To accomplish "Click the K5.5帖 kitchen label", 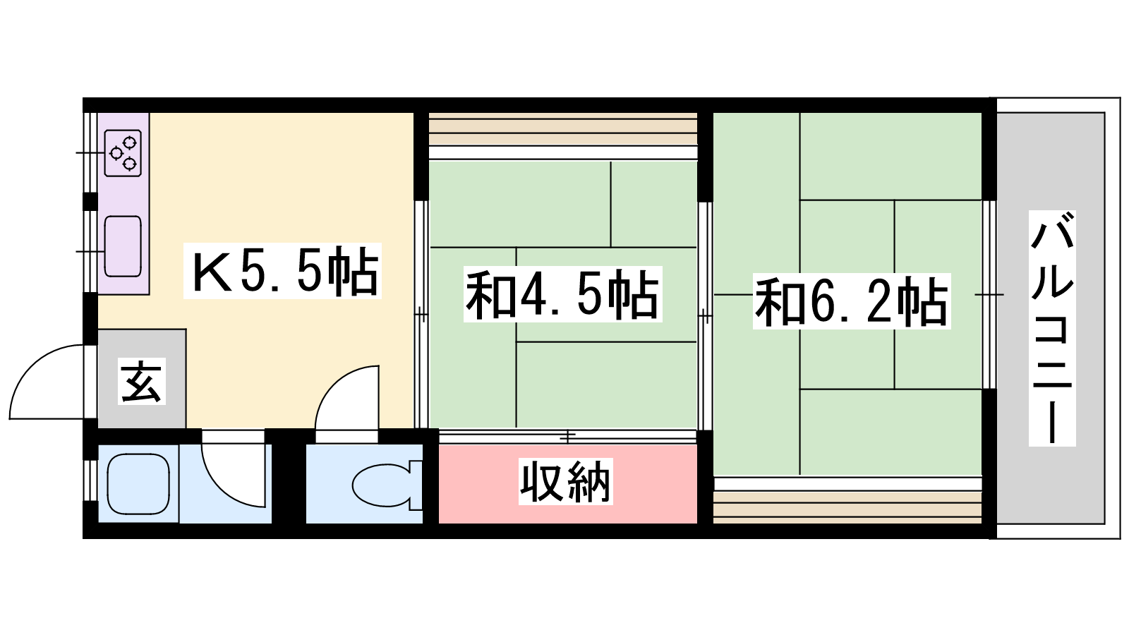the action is (282, 271).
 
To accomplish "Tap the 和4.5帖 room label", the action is (562, 294).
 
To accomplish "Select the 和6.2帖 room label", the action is (852, 301).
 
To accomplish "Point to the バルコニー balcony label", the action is (1052, 328).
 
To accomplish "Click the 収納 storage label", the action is (565, 481).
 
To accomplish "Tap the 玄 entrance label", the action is (142, 381).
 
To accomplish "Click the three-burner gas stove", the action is (123, 153).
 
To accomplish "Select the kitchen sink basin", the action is (123, 246).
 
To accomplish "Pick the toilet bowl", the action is (387, 485).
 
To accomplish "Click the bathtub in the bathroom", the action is (138, 484).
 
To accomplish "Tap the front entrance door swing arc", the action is (49, 382).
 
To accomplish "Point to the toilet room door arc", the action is (346, 398).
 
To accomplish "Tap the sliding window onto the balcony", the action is (989, 295).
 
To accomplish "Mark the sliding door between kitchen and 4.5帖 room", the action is (421, 315).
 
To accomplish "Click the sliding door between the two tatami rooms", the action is (705, 316).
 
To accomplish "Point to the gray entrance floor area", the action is (142, 378).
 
